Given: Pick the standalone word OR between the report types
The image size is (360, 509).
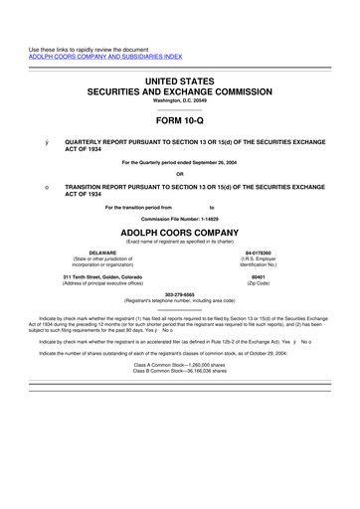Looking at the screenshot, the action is (180, 173).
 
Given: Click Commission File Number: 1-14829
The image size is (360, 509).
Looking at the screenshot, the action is (180, 217).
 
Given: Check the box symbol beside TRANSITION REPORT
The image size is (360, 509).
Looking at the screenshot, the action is (32, 186).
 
